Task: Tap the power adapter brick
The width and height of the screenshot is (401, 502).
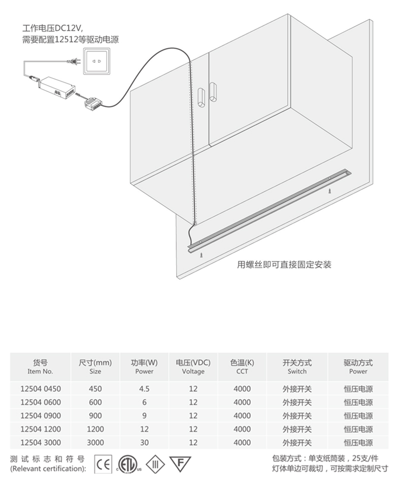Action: [x=56, y=87]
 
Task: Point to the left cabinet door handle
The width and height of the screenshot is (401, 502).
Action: [x=201, y=95]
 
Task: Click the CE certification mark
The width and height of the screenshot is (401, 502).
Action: [x=104, y=464]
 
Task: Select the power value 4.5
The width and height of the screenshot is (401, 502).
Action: [x=144, y=389]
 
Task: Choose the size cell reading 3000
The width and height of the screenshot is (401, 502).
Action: [x=95, y=442]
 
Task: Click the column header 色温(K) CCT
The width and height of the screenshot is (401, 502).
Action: [x=242, y=367]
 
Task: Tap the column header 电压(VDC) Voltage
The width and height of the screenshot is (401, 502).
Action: [x=193, y=367]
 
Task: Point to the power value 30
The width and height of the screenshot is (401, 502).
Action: [x=144, y=442]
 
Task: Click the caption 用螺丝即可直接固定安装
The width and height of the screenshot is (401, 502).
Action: [x=284, y=264]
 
